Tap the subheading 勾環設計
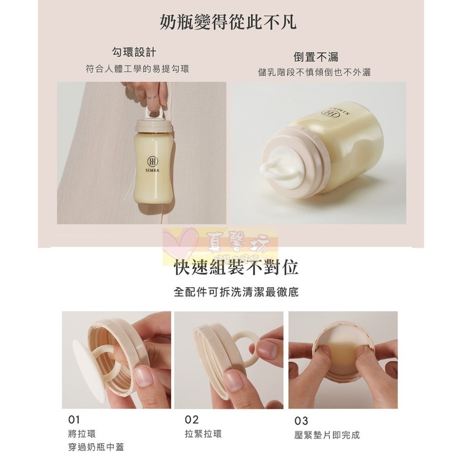(x=137, y=52)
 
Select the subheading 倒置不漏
(x=316, y=56)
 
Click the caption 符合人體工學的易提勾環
(x=137, y=69)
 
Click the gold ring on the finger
(x=153, y=96)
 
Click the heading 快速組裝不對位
(x=236, y=268)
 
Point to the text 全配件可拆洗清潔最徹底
(x=236, y=292)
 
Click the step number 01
(x=74, y=419)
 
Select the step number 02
(x=191, y=419)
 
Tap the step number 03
(x=301, y=421)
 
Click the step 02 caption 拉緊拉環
(x=203, y=434)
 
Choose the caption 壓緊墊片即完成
(x=326, y=435)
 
